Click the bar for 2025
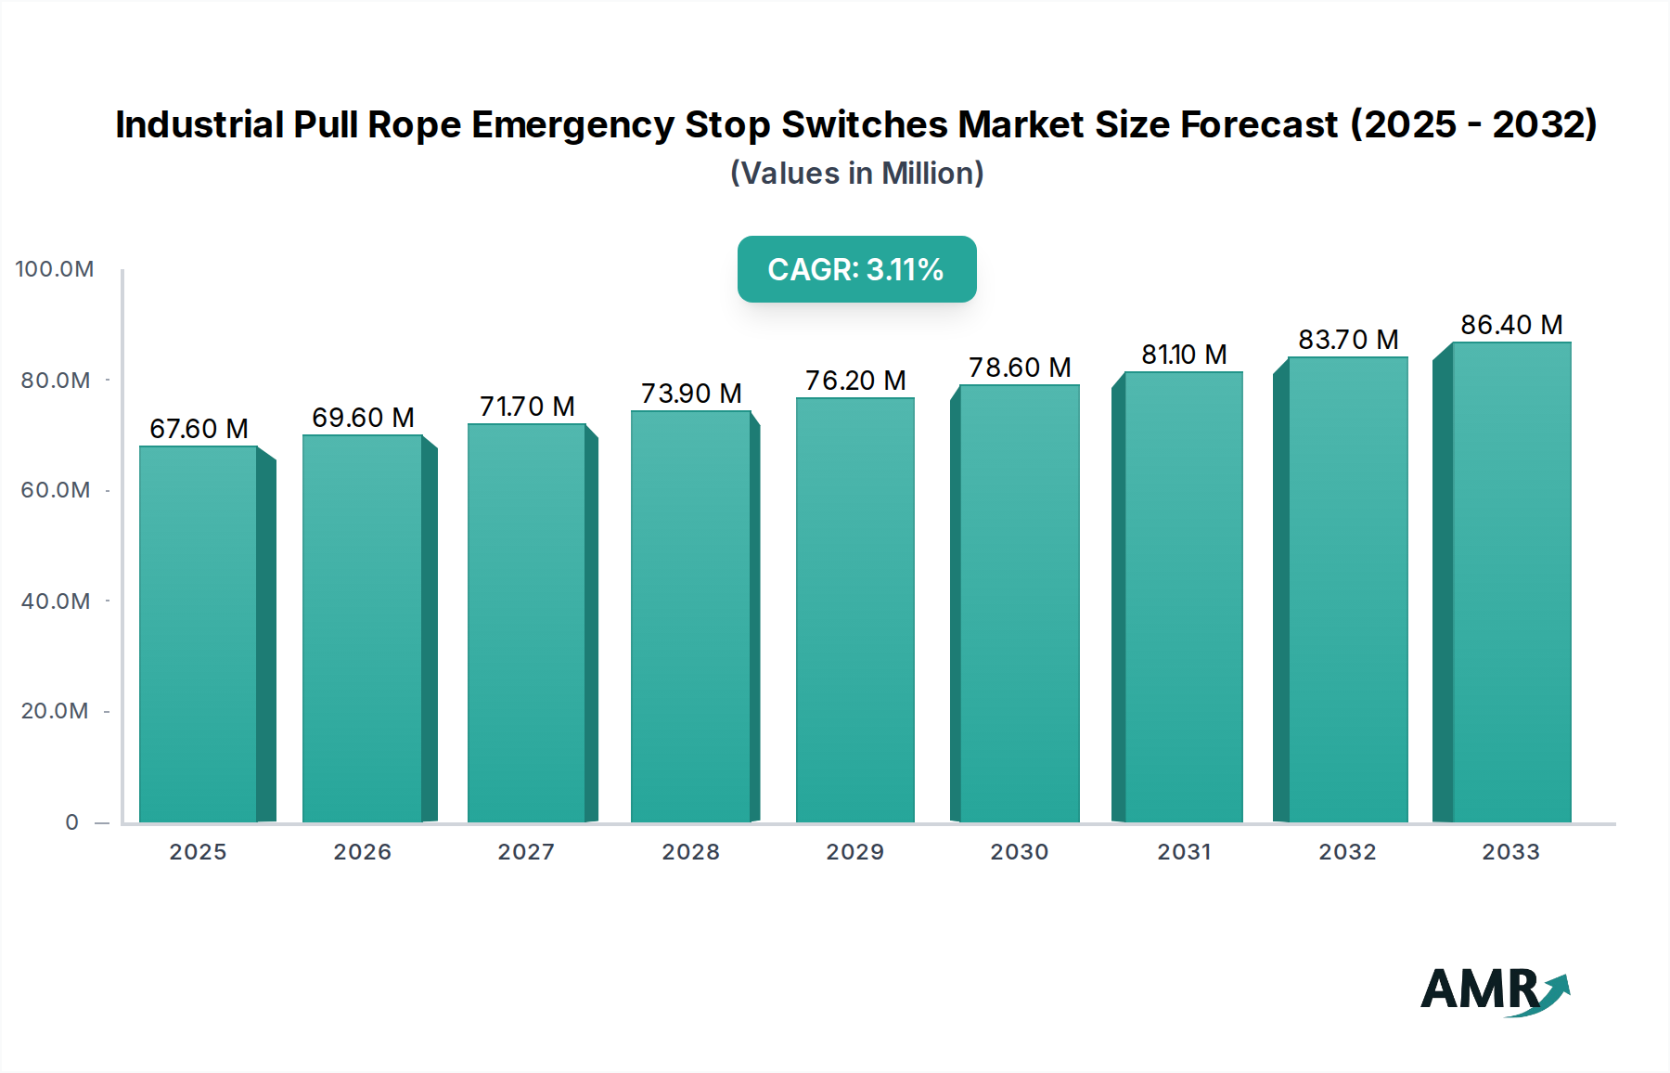tap(198, 634)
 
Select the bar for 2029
tap(854, 610)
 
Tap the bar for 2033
tap(1511, 582)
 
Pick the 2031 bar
tap(1183, 597)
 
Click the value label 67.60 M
tap(199, 429)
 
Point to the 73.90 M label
tap(691, 394)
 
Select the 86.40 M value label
tap(1511, 325)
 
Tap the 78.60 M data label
tap(1020, 368)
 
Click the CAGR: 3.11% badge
tap(856, 269)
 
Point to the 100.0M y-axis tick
tap(55, 269)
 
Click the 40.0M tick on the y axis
tap(56, 601)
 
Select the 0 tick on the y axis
tap(72, 822)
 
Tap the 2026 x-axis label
tap(362, 852)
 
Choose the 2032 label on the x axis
tap(1347, 852)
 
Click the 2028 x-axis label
tap(690, 852)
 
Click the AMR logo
tap(1494, 990)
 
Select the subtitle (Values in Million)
tap(856, 174)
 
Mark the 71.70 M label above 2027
tap(527, 407)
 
